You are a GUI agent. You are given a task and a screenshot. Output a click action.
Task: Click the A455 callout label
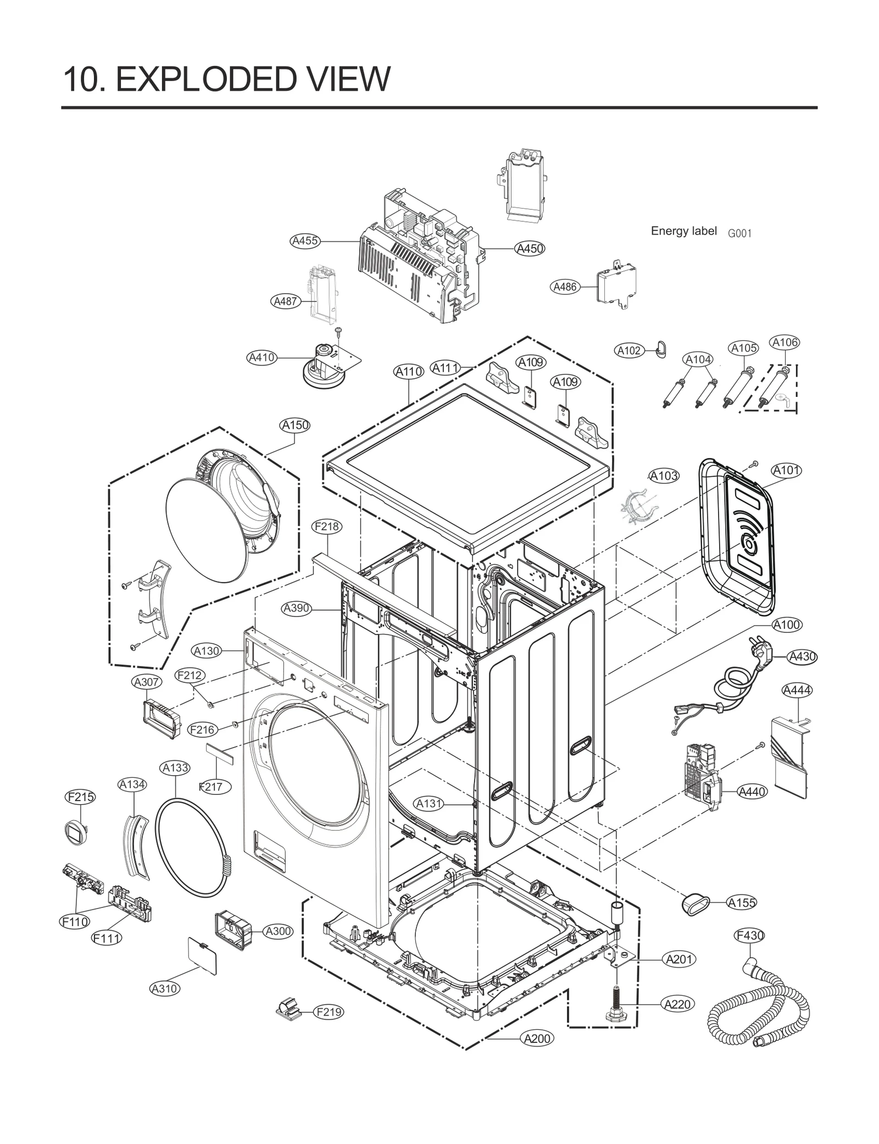[x=305, y=240]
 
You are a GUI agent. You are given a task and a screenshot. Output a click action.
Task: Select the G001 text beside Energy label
[x=739, y=233]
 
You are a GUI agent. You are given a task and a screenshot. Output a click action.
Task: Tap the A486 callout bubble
[x=565, y=287]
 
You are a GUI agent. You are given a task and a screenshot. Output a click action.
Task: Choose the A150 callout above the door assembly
[x=295, y=425]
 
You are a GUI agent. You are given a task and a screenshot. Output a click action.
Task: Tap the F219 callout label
[x=329, y=1012]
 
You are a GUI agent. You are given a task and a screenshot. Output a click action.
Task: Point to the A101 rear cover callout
[x=786, y=470]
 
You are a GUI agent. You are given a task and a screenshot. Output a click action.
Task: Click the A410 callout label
[x=262, y=357]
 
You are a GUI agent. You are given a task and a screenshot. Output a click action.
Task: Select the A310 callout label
[x=165, y=989]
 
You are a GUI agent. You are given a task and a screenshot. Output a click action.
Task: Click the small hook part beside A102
[x=660, y=347]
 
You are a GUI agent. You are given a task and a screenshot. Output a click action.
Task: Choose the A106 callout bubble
[x=785, y=343]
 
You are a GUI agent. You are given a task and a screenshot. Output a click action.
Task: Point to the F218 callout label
[x=327, y=526]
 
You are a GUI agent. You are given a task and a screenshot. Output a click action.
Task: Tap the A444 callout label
[x=797, y=691]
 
